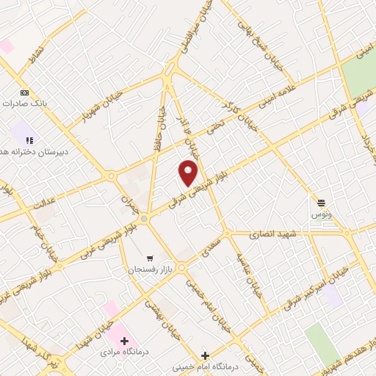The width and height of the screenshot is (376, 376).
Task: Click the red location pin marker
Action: click(189, 173)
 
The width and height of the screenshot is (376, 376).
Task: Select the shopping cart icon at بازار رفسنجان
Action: click(150, 258)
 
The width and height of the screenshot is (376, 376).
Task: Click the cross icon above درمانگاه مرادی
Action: click(124, 341)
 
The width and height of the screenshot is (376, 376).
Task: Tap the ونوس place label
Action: click(320, 213)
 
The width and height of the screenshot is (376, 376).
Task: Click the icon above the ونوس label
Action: click(320, 202)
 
